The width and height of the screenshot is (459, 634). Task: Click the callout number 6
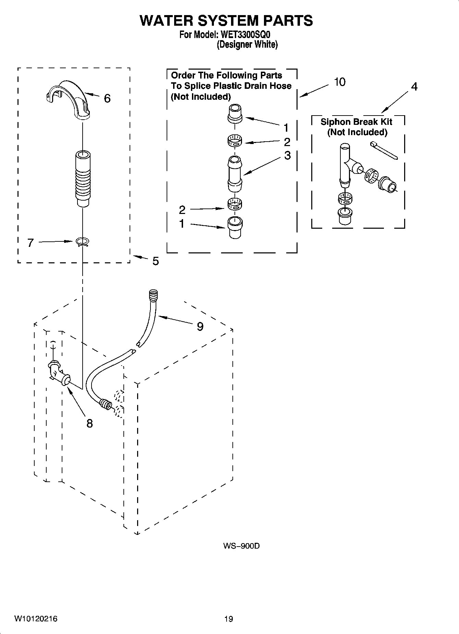(x=107, y=99)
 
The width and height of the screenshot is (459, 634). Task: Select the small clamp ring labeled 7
(x=82, y=242)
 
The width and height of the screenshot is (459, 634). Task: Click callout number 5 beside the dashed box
(x=155, y=261)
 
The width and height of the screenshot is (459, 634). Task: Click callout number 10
(x=339, y=82)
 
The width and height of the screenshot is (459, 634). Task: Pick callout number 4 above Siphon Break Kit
(x=414, y=87)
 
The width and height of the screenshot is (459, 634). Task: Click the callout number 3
(x=287, y=155)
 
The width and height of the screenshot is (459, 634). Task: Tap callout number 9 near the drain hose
(x=200, y=326)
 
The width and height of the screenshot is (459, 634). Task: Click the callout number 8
(x=89, y=424)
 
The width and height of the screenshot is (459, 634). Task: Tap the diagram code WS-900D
(x=241, y=546)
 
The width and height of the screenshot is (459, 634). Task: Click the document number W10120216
(x=36, y=619)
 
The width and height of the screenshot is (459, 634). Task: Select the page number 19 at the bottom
(x=228, y=619)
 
